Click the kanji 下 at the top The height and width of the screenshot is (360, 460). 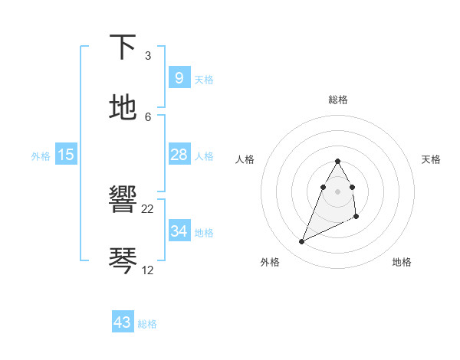pos(123,47)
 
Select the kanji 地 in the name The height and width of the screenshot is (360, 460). pos(123,107)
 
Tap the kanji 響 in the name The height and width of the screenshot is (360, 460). pos(123,201)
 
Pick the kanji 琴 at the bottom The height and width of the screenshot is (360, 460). pos(123,260)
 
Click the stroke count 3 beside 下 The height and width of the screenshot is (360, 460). pos(148,56)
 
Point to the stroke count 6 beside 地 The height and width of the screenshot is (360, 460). pos(148,116)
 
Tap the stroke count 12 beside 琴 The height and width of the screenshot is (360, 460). pos(148,270)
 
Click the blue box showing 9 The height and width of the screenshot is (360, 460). pos(179,77)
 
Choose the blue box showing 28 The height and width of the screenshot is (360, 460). pos(179,155)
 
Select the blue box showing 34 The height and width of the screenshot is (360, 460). pos(179,231)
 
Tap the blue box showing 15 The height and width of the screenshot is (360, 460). pos(66,155)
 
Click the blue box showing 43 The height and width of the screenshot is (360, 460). pos(122,322)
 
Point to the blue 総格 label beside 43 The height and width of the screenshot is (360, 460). pos(147,324)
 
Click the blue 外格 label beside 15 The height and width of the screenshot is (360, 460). pos(41,156)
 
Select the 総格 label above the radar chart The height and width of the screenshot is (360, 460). pos(337,100)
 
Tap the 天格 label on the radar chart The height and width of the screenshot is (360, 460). pos(431,159)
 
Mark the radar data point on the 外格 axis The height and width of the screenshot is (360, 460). pos(301,242)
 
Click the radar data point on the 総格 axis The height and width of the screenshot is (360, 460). pos(337,161)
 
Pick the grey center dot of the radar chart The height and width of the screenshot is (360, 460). pos(337,191)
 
